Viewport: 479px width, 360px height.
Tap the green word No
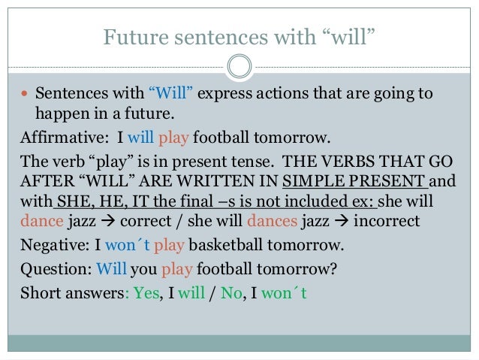[253, 293]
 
